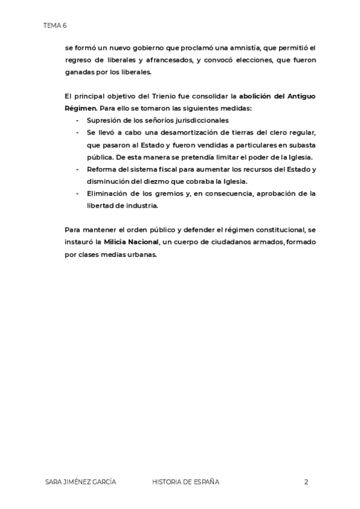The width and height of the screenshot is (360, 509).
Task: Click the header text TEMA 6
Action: [55, 25]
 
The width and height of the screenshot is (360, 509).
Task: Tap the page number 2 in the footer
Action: [306, 481]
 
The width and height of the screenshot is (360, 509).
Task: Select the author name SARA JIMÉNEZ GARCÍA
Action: [80, 481]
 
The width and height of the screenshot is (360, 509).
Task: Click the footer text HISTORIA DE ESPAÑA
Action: [186, 481]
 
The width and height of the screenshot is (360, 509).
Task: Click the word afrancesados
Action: [167, 60]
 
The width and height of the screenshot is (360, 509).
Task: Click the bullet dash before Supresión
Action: [77, 120]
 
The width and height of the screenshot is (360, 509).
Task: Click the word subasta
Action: [303, 145]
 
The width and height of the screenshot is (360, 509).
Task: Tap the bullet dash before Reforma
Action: [77, 169]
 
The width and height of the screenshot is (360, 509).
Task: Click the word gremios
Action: [163, 193]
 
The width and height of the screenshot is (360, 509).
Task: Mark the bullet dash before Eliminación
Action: [77, 193]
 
